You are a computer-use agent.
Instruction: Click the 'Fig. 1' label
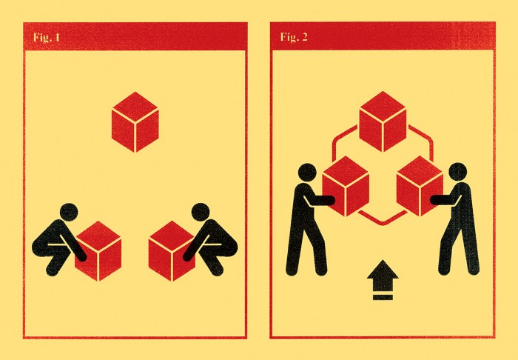coord(47,37)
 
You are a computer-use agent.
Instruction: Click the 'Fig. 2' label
coord(294,37)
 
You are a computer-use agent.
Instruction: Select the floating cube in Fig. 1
coord(135,122)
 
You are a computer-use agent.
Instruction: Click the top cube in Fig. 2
coord(383,121)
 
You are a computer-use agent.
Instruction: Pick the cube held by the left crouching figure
coord(98,251)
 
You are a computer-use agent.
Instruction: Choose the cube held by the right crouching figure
coord(172,251)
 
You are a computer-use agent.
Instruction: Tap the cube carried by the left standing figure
coord(346,186)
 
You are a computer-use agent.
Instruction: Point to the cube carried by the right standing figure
coord(420,186)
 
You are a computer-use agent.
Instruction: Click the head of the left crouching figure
coord(69,213)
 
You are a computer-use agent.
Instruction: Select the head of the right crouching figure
coord(201,213)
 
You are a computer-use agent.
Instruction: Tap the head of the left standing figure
coord(307,173)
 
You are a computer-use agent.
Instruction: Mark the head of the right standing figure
coord(458,172)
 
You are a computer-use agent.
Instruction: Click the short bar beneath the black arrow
coord(383,297)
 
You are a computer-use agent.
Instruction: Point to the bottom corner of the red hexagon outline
coord(383,224)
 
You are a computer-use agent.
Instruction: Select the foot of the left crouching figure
coord(53,270)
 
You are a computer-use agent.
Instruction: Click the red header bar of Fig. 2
coord(383,36)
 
